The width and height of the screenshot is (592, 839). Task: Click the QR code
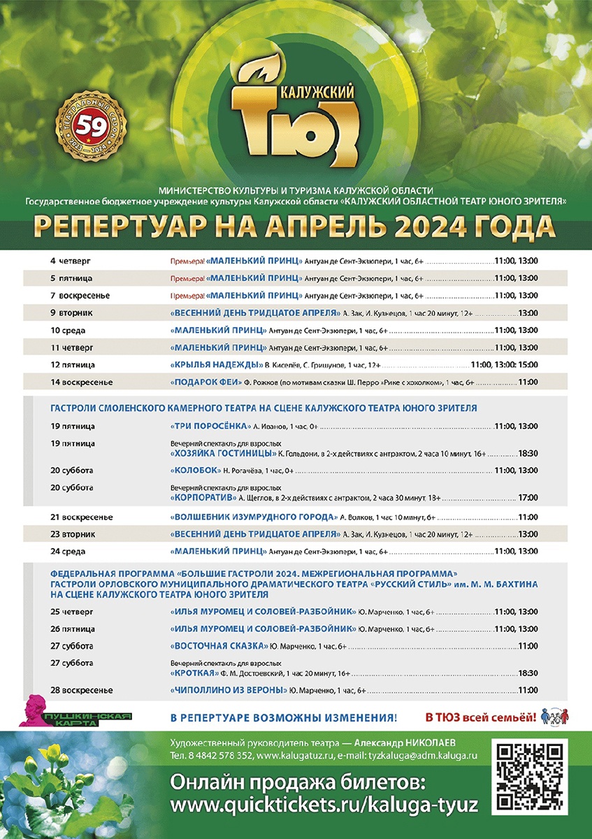tap(530, 777)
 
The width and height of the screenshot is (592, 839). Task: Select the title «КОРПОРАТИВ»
tap(202, 497)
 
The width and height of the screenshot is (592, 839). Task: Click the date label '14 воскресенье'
tap(82, 382)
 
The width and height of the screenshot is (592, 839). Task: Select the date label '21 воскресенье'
tap(82, 517)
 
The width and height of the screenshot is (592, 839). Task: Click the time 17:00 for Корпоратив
tap(528, 498)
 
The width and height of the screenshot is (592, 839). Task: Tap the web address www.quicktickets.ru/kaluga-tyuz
tap(324, 805)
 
